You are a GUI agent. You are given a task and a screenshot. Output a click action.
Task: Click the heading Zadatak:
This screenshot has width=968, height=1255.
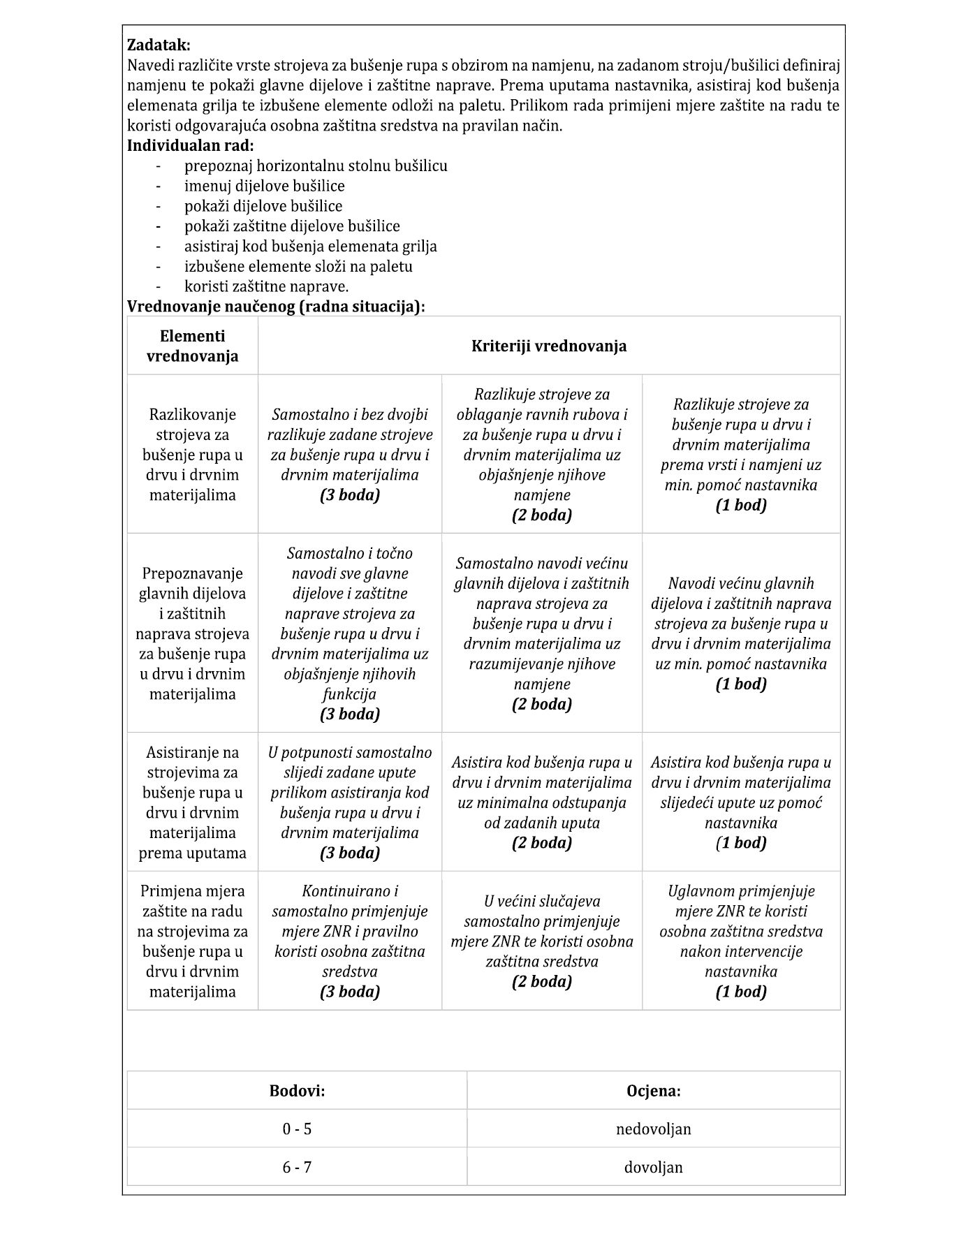(159, 45)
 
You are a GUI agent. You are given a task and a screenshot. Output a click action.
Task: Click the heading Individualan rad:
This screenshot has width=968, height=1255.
(190, 146)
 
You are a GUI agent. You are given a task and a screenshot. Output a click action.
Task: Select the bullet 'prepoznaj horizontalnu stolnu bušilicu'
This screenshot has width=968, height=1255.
(316, 166)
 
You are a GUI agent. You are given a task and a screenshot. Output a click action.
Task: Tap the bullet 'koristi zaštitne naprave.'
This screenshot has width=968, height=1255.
(266, 286)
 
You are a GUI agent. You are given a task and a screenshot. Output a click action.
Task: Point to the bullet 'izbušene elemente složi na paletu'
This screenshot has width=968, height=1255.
(298, 266)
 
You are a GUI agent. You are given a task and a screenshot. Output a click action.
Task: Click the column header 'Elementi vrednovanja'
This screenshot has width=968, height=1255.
(192, 346)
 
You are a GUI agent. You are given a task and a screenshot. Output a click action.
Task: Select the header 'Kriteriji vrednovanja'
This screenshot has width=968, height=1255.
(548, 346)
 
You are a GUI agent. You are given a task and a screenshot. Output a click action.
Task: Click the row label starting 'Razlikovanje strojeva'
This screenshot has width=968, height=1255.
(192, 454)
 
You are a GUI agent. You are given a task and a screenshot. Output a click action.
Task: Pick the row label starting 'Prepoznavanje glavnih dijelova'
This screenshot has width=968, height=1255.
(192, 633)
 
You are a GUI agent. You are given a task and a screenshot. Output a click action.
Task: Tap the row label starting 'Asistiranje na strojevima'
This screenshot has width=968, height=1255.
(192, 802)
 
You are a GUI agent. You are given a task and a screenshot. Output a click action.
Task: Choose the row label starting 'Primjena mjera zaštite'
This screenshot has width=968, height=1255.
(192, 941)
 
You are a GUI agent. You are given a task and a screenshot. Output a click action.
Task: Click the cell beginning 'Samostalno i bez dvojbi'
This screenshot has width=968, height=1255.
(349, 454)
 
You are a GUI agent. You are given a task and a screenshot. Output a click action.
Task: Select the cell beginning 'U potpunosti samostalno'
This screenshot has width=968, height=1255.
(349, 802)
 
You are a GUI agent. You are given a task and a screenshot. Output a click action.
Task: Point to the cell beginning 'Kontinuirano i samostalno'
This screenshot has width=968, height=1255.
(349, 941)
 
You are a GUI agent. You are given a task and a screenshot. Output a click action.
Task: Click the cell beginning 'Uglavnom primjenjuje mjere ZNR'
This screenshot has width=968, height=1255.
(740, 941)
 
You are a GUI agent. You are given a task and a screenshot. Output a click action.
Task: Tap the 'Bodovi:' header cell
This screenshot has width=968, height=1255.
(297, 1090)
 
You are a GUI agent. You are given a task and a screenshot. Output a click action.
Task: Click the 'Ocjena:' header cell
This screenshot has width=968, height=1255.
(653, 1090)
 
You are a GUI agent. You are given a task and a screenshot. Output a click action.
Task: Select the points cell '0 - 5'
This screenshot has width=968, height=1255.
(297, 1129)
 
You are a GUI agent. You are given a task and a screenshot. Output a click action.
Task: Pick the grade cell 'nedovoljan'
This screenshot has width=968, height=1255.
(653, 1129)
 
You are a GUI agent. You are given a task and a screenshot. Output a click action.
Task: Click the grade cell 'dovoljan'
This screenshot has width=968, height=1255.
(653, 1167)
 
